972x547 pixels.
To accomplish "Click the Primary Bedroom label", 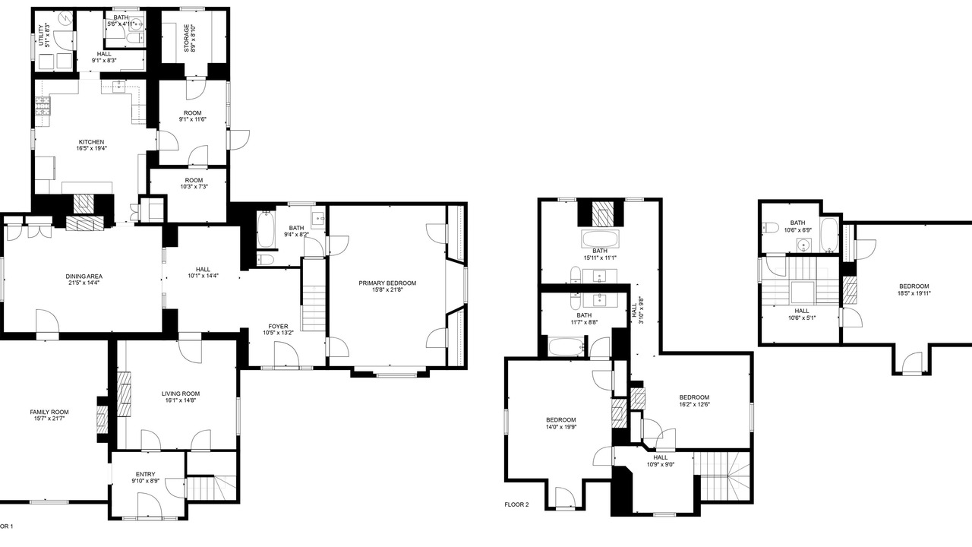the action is pyautogui.click(x=387, y=283).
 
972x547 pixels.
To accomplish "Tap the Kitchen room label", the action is pyautogui.click(x=91, y=142).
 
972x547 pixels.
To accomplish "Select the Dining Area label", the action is pyautogui.click(x=84, y=277).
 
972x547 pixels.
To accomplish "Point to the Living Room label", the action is pyautogui.click(x=181, y=394).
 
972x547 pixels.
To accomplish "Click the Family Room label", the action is pyautogui.click(x=49, y=412).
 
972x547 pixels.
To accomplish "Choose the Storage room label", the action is pyautogui.click(x=187, y=38).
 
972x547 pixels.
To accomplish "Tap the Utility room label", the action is pyautogui.click(x=41, y=35).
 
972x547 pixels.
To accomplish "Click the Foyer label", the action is pyautogui.click(x=278, y=327).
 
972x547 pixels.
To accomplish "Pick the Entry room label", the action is pyautogui.click(x=145, y=475).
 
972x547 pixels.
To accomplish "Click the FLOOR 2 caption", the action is pyautogui.click(x=516, y=504).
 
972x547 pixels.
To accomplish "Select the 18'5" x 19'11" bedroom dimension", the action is pyautogui.click(x=914, y=293).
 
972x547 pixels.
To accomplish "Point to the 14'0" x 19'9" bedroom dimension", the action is pyautogui.click(x=560, y=427).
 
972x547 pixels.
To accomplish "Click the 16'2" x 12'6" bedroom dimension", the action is pyautogui.click(x=694, y=404).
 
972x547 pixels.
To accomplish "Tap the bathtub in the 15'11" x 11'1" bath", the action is pyautogui.click(x=600, y=239).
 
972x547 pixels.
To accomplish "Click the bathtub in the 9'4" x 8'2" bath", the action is pyautogui.click(x=265, y=229).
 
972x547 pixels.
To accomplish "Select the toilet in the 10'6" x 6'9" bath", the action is pyautogui.click(x=769, y=228).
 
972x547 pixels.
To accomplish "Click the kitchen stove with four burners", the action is pyautogui.click(x=43, y=106).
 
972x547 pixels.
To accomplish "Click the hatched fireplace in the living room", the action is pyautogui.click(x=125, y=394).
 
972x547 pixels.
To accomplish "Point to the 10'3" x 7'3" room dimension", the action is pyautogui.click(x=194, y=187).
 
